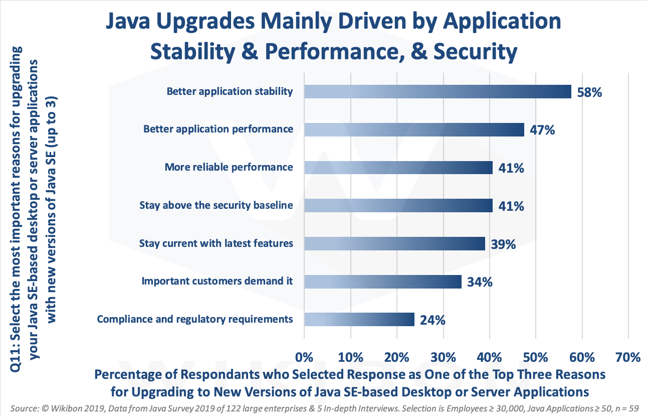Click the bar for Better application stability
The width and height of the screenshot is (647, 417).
[438, 91]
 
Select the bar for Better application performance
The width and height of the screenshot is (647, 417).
[414, 129]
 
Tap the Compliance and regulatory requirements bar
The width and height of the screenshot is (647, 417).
[359, 319]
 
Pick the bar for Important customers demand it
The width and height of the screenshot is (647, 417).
[382, 282]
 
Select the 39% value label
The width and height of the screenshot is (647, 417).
[503, 244]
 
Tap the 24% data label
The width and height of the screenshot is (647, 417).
[432, 320]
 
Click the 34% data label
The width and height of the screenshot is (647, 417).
[479, 282]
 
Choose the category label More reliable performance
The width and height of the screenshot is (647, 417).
[229, 167]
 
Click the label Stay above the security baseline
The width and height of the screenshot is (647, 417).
[216, 205]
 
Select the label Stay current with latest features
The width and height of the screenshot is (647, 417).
[216, 243]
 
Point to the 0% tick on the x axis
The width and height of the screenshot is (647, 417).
[304, 357]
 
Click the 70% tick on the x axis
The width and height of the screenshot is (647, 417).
[628, 357]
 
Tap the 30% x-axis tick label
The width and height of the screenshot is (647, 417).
[443, 357]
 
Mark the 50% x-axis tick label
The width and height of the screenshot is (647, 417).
[536, 357]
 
